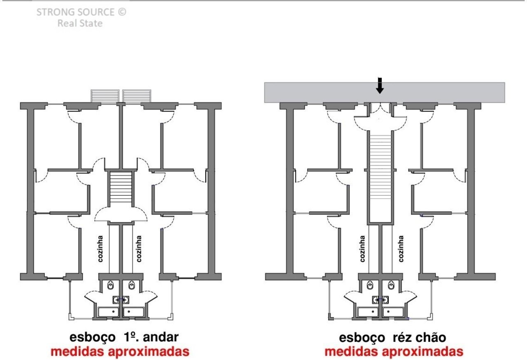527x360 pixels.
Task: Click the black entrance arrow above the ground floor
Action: [x=380, y=85]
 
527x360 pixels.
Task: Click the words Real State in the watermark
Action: [x=80, y=23]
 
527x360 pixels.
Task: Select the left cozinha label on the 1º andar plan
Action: [x=100, y=249]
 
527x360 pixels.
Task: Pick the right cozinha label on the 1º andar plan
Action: [x=139, y=249]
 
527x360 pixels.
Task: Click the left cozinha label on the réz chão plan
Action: [x=362, y=249]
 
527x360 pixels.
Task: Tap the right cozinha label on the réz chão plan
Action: [x=401, y=249]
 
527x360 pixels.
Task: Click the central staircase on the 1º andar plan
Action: [x=121, y=187]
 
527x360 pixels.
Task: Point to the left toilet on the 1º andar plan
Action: [x=110, y=285]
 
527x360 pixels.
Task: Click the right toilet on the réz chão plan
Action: [x=391, y=285]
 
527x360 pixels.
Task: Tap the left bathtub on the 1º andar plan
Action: [x=108, y=312]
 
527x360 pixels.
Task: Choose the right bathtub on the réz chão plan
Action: [x=393, y=312]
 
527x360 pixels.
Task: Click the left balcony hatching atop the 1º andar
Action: [x=105, y=96]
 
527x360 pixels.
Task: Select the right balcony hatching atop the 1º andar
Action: [x=137, y=96]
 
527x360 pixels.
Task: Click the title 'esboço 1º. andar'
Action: [x=124, y=337]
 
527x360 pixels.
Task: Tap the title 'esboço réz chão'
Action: [x=392, y=337]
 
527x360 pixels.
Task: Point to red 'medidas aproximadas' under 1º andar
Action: [x=120, y=351]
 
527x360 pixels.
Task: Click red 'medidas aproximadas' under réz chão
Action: [x=394, y=351]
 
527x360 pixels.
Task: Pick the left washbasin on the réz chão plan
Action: [x=376, y=300]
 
